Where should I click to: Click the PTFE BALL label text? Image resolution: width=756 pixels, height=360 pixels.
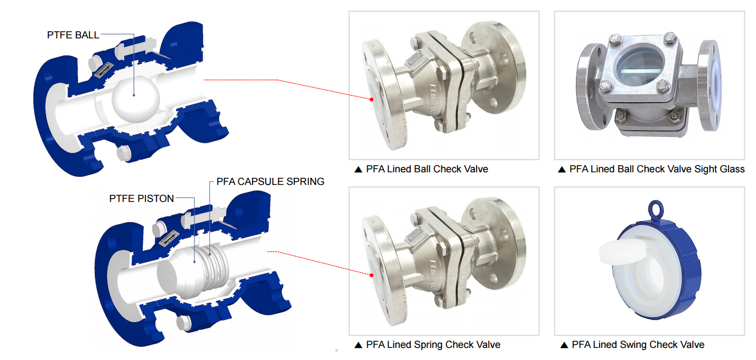pyautogui.click(x=73, y=35)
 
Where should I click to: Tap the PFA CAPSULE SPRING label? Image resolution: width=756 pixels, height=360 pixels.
pyautogui.click(x=270, y=182)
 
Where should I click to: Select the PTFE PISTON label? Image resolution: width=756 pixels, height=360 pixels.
pyautogui.click(x=142, y=199)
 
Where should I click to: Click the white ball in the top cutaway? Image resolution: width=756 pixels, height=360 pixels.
pyautogui.click(x=136, y=99)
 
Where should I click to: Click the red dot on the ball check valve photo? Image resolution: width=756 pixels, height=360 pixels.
pyautogui.click(x=371, y=99)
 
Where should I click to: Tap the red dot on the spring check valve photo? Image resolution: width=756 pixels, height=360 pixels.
pyautogui.click(x=371, y=275)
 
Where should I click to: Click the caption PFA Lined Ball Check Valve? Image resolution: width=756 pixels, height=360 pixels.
pyautogui.click(x=427, y=169)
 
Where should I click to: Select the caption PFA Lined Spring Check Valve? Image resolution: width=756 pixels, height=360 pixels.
pyautogui.click(x=433, y=345)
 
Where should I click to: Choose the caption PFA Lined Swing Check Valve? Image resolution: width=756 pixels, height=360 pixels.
pyautogui.click(x=638, y=345)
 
